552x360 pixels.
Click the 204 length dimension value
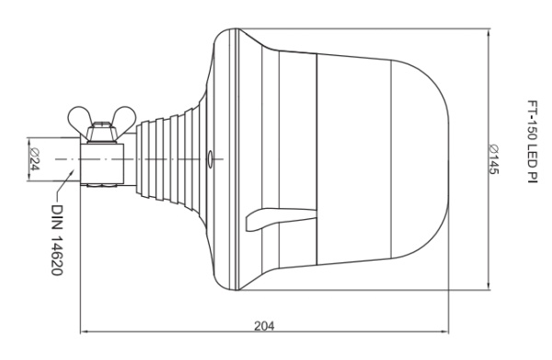pos(264,326)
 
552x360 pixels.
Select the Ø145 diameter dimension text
pos(493,159)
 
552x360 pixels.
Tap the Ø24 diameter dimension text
pos(34,159)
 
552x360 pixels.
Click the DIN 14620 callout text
pos(56,240)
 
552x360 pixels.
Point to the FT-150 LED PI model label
pos(533,142)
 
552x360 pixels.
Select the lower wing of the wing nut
pos(125,118)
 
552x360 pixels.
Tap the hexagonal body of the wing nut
pos(101,132)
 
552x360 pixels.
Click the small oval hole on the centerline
pos(210,159)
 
